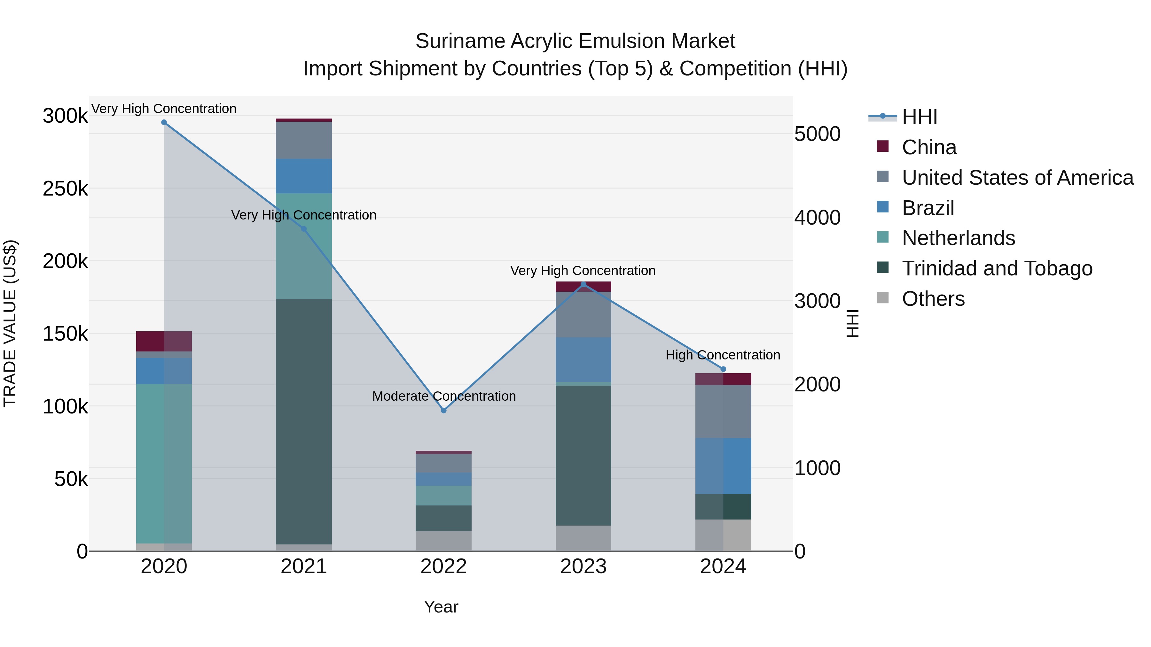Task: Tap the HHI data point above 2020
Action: pyautogui.click(x=164, y=122)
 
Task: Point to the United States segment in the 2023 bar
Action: pyautogui.click(x=583, y=314)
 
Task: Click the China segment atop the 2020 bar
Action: pyautogui.click(x=164, y=341)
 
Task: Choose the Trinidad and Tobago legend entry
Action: pyautogui.click(x=997, y=268)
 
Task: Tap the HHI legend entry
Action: pyautogui.click(x=919, y=117)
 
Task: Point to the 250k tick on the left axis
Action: pyautogui.click(x=65, y=189)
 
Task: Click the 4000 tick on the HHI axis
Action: pyautogui.click(x=817, y=218)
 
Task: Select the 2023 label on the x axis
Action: pyautogui.click(x=583, y=566)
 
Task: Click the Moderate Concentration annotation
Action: pyautogui.click(x=444, y=396)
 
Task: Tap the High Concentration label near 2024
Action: pyautogui.click(x=723, y=355)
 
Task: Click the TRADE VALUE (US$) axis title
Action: pyautogui.click(x=10, y=323)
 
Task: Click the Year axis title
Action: pyautogui.click(x=441, y=607)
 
